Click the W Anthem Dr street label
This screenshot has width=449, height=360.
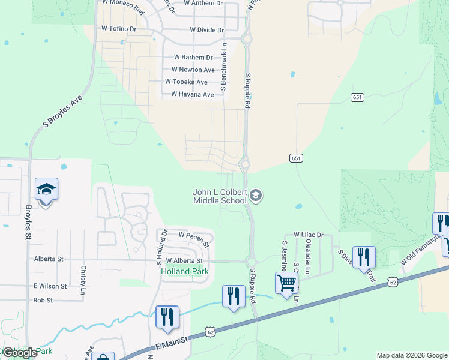point(203,3)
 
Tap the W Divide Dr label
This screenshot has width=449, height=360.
point(206,30)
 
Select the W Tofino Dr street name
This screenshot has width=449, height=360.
point(119,28)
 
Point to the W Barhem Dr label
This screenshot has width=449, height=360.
point(193,58)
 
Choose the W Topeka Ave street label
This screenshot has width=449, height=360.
point(186,82)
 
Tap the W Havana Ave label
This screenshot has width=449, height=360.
point(192,95)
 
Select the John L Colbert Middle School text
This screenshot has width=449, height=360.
point(220,196)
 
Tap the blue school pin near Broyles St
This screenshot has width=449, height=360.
point(46,190)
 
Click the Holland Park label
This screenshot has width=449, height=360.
point(184,271)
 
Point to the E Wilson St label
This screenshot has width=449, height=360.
point(50,286)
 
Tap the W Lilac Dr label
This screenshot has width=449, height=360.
point(308,235)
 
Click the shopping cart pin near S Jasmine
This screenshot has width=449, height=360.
point(287,283)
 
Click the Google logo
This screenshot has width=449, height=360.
point(20,353)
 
